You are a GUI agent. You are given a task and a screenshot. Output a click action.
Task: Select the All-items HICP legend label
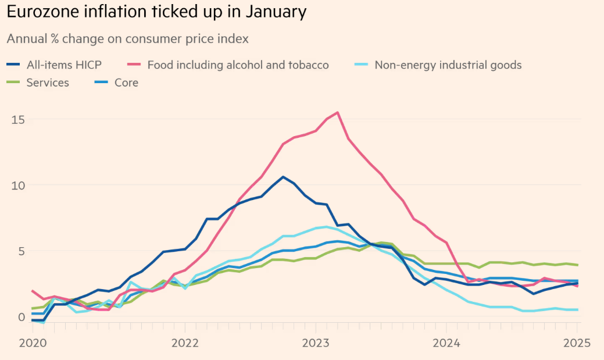[x=64, y=65]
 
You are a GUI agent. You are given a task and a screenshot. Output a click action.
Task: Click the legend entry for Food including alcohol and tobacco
[x=238, y=65]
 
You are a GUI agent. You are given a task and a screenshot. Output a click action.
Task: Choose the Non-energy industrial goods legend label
[x=448, y=65]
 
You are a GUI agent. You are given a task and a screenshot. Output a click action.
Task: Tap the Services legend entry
[x=48, y=83]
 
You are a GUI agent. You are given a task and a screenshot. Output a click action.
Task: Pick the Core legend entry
[x=126, y=83]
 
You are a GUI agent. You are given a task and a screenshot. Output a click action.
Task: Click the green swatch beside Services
[x=13, y=83]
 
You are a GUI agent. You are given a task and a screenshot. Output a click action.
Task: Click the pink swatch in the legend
[x=134, y=65]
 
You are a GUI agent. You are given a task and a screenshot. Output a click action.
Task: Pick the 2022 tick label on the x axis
[x=185, y=343]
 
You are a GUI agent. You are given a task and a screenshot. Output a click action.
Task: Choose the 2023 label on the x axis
[x=316, y=343]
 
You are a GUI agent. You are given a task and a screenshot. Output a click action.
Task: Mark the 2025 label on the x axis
[x=577, y=343]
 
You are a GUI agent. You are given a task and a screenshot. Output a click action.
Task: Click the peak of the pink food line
[x=338, y=113]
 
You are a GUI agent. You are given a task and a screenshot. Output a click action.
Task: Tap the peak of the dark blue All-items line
[x=283, y=177]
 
